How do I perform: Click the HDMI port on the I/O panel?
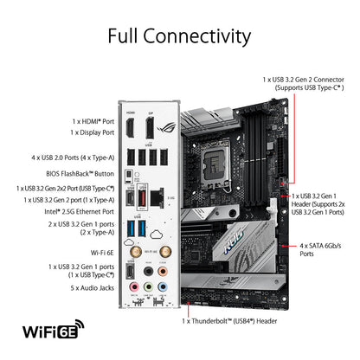point(130,128)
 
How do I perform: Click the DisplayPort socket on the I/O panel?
point(150,128)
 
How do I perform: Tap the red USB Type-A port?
point(142,198)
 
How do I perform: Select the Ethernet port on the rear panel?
point(157,198)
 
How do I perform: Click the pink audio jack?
point(134,287)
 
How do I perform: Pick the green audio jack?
point(148,287)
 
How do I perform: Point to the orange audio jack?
point(163,272)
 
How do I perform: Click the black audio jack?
point(148,272)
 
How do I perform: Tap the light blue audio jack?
point(163,287)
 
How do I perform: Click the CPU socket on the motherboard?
point(216,164)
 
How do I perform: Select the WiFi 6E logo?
point(54,329)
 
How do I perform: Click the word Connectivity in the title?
point(197,36)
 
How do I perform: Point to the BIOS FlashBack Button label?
point(80,174)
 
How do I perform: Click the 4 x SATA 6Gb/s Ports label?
point(320,250)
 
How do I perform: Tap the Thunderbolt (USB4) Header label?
point(229,321)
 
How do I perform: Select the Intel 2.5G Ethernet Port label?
point(80,212)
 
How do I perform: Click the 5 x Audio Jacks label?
point(93,288)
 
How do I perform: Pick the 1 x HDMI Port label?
point(93,121)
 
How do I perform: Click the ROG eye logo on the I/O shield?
point(166,127)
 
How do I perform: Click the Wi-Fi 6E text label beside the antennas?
point(102,253)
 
